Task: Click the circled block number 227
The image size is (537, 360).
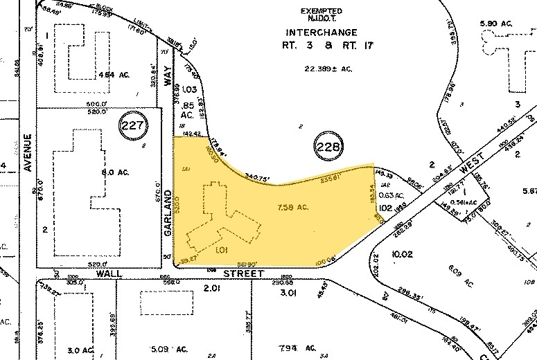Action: point(133,125)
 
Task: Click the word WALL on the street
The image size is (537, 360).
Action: point(110,274)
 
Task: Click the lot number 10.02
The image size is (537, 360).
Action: point(403,255)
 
